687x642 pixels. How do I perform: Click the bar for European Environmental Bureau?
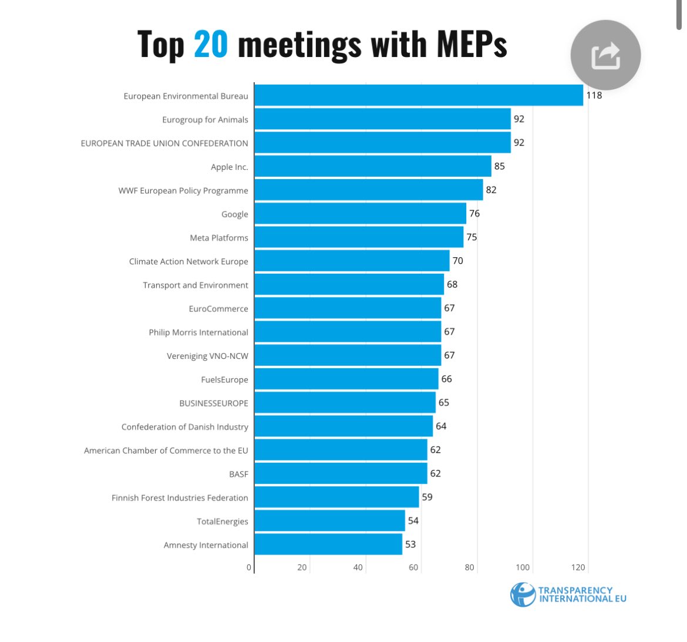pos(419,95)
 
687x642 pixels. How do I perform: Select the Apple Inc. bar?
pos(373,166)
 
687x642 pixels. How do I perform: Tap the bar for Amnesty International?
pos(328,544)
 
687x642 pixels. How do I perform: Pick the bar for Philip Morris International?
pos(348,332)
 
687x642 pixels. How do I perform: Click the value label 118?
pos(594,95)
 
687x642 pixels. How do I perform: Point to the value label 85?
pos(499,166)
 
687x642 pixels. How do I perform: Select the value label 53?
pos(410,544)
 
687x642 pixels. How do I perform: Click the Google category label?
pos(234,214)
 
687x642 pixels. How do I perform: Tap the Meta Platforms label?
pos(218,238)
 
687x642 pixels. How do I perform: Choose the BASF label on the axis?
pos(238,474)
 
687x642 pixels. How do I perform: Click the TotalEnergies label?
pos(222,522)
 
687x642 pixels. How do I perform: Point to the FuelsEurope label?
pos(224,379)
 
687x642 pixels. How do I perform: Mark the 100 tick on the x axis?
pos(523,567)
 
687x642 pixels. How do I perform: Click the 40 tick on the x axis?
pos(358,567)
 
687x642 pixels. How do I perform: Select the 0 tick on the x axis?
pos(249,567)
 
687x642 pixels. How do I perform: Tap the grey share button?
pos(605,56)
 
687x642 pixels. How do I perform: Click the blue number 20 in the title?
pos(210,45)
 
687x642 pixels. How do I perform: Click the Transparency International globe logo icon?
pos(522,594)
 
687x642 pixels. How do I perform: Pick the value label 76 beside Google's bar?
pos(474,214)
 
